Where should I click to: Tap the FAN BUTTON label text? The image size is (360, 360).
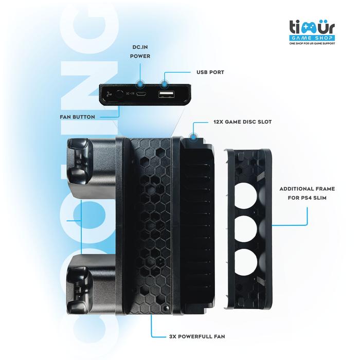(x=77, y=117)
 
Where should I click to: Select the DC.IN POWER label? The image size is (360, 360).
(x=141, y=51)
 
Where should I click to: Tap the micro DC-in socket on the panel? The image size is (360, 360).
(x=145, y=94)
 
